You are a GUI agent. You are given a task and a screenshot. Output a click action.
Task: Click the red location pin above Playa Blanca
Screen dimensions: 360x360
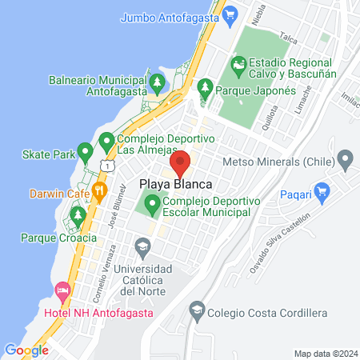pyautogui.click(x=181, y=163)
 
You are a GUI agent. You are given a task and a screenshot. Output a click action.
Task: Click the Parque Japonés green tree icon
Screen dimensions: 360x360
pyautogui.click(x=205, y=86)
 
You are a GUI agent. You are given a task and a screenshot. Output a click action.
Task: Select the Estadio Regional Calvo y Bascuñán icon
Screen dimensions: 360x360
pyautogui.click(x=238, y=63)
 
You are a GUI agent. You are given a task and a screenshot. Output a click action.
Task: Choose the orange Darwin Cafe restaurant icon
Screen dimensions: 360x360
pyautogui.click(x=100, y=190)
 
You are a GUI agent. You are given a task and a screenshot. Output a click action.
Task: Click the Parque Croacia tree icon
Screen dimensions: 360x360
pyautogui.click(x=77, y=215)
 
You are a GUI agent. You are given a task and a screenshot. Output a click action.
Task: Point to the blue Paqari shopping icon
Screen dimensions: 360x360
pyautogui.click(x=322, y=191)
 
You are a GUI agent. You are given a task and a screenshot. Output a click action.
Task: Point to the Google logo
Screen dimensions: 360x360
pyautogui.click(x=26, y=350)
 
